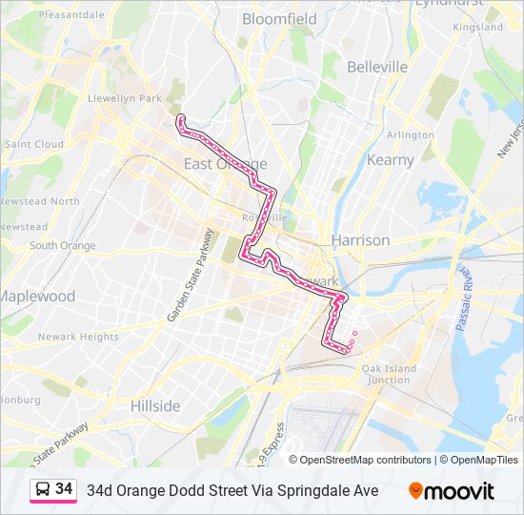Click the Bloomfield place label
[279, 19]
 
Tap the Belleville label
[377, 67]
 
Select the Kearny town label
[391, 160]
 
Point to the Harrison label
[360, 240]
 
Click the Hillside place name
[155, 406]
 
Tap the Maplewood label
[36, 297]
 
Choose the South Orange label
[63, 246]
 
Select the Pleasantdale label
[72, 15]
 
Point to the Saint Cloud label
[34, 145]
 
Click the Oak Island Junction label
[389, 374]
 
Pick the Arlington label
[411, 135]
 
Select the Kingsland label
[477, 28]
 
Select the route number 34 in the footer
[64, 489]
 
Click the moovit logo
[452, 491]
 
